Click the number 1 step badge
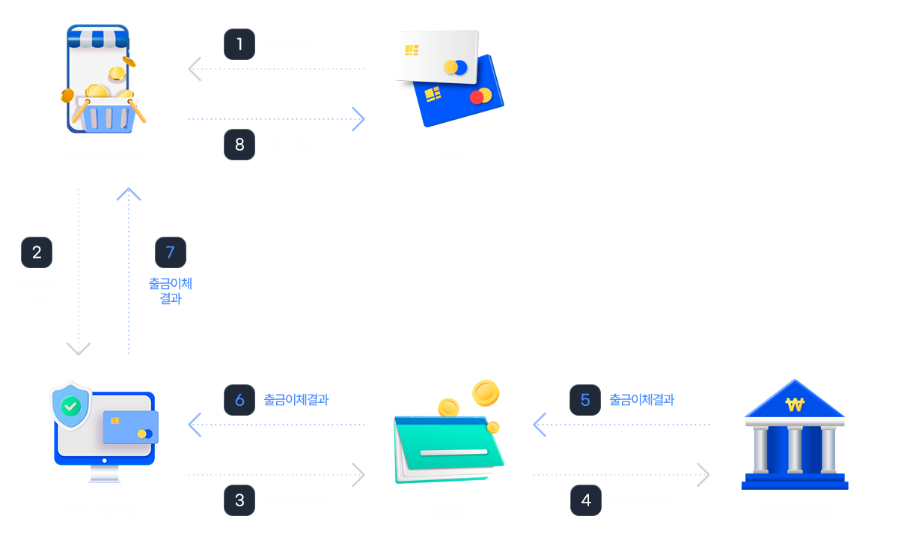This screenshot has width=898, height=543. click(x=239, y=44)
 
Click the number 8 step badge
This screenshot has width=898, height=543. click(x=239, y=145)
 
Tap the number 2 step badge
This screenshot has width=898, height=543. click(x=37, y=252)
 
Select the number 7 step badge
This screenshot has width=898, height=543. click(x=170, y=252)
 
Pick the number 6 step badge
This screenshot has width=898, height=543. click(x=239, y=400)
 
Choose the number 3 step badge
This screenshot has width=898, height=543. click(x=239, y=500)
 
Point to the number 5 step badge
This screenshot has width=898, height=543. click(x=585, y=400)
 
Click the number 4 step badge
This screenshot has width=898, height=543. click(x=585, y=500)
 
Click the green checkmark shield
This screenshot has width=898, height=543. click(x=70, y=407)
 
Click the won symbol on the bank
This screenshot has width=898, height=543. click(x=794, y=405)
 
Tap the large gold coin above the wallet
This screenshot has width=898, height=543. click(x=486, y=392)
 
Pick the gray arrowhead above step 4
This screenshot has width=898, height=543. click(x=703, y=474)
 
